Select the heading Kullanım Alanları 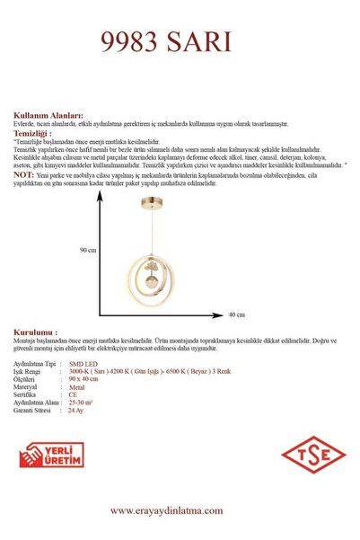click(49, 116)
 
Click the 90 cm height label click(87, 249)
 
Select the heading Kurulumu click(36, 332)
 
